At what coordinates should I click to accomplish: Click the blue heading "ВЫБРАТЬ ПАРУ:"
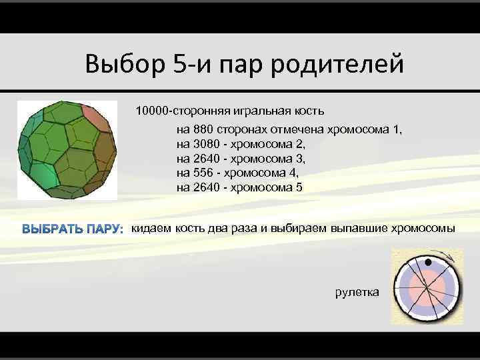(x=73, y=230)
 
